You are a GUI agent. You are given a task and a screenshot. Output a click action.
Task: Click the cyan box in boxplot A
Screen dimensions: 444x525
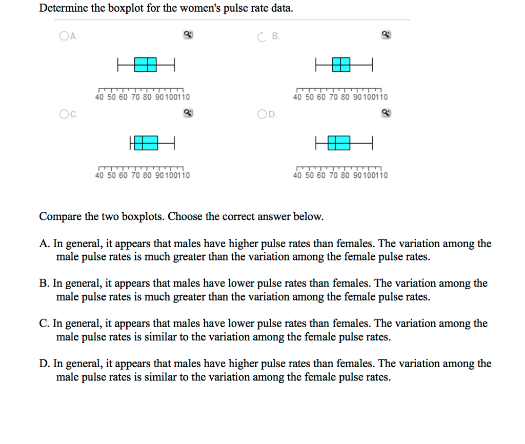(145, 65)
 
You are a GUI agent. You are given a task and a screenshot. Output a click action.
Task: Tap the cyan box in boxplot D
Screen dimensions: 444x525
(339, 143)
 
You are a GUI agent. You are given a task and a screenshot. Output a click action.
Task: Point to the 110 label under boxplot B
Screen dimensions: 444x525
(382, 97)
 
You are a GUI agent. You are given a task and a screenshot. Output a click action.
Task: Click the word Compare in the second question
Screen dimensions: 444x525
(59, 216)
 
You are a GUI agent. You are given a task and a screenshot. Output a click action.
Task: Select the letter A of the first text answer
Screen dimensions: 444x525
(44, 244)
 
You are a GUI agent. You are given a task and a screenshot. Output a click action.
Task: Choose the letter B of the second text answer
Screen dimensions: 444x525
(44, 284)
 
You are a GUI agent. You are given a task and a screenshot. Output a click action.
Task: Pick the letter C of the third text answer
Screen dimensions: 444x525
(44, 324)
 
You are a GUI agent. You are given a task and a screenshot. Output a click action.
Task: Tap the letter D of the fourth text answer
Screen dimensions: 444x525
(44, 364)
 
